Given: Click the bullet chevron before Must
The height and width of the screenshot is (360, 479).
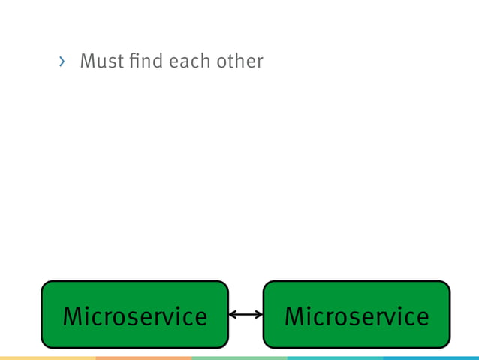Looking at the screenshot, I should pyautogui.click(x=62, y=62).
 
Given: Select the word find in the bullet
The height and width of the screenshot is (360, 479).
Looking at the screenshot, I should pyautogui.click(x=145, y=61).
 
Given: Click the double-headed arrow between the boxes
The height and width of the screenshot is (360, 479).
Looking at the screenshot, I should pyautogui.click(x=246, y=315).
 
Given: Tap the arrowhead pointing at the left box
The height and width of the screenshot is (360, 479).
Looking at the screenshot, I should pyautogui.click(x=232, y=315).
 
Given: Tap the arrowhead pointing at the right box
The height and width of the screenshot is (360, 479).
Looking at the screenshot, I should pyautogui.click(x=259, y=315).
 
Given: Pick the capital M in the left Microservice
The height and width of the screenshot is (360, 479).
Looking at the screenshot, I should pyautogui.click(x=73, y=316).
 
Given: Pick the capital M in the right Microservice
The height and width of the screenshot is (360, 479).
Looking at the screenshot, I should pyautogui.click(x=295, y=316).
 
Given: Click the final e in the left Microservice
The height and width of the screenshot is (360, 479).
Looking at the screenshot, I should pyautogui.click(x=199, y=319).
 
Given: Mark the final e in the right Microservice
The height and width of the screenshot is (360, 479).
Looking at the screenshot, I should pyautogui.click(x=421, y=319).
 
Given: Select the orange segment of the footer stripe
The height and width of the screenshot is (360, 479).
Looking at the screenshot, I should pyautogui.click(x=143, y=358).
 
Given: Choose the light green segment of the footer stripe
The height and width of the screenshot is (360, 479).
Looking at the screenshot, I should pyautogui.click(x=239, y=358).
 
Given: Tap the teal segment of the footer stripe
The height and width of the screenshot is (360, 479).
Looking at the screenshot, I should pyautogui.click(x=335, y=358).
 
